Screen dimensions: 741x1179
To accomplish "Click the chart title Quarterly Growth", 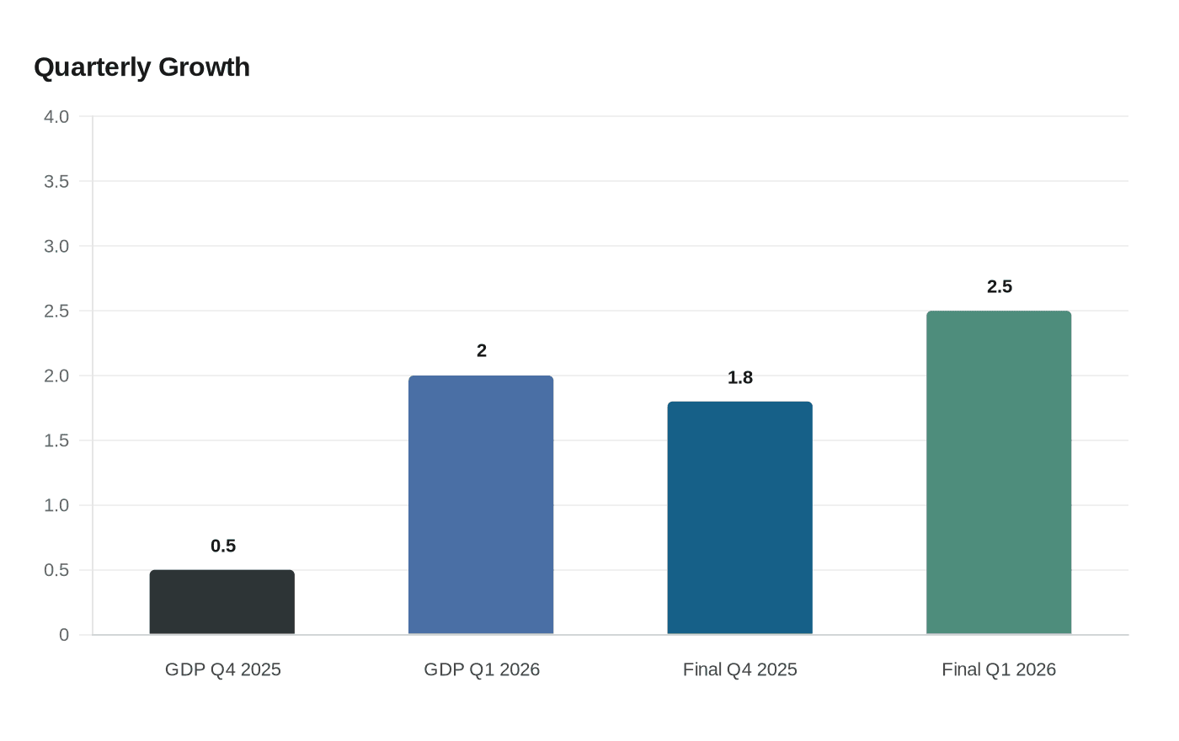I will tap(141, 67).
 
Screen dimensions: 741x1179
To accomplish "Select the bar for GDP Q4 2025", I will tap(222, 602).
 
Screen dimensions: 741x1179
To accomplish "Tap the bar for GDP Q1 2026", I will tap(481, 505).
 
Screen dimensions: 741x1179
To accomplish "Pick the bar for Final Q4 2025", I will tap(739, 518).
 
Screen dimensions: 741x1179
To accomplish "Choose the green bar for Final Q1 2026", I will tap(999, 472).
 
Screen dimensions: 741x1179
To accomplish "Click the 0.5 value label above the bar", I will tap(223, 546).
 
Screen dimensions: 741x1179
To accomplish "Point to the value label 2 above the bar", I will tap(482, 350).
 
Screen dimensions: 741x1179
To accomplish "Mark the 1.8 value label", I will tap(740, 377).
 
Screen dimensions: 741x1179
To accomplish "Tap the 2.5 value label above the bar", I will tap(1000, 286).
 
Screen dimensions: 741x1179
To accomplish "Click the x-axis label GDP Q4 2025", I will tap(223, 669).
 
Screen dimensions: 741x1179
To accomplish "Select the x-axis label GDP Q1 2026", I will tap(482, 669).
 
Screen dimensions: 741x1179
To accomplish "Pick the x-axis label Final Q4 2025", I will tap(740, 669).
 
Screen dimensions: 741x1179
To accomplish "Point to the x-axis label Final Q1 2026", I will tap(999, 669).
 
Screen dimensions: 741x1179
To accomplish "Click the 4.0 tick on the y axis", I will tap(56, 116).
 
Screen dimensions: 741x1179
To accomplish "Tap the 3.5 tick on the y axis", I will tap(56, 181).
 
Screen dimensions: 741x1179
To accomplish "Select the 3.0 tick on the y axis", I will tap(56, 246).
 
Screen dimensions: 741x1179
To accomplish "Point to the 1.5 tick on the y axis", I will tap(56, 440).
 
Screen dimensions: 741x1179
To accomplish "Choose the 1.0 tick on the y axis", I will tap(56, 505).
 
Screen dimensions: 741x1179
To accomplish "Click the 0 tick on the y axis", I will tap(64, 635).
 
